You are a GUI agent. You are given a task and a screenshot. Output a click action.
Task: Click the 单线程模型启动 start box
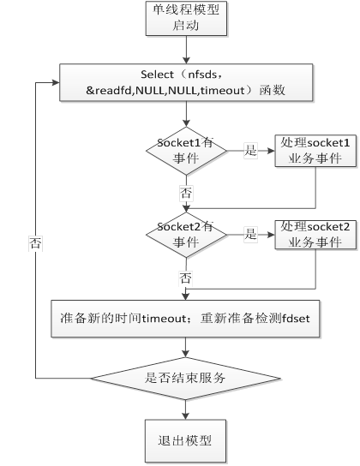pyautogui.click(x=186, y=19)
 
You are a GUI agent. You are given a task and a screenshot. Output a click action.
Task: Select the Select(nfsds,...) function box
pyautogui.click(x=186, y=82)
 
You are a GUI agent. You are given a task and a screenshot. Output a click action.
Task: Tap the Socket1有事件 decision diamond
pyautogui.click(x=186, y=151)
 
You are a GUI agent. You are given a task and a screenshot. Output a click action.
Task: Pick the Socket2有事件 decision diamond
pyautogui.click(x=186, y=235)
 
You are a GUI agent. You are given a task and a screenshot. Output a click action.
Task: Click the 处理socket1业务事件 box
pyautogui.click(x=315, y=151)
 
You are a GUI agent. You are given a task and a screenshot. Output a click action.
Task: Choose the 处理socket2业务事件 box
pyautogui.click(x=315, y=235)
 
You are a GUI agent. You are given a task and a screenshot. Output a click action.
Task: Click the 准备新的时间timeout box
pyautogui.click(x=185, y=319)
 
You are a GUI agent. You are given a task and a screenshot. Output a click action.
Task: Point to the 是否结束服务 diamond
pyautogui.click(x=185, y=379)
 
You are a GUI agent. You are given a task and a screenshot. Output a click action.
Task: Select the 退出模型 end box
pyautogui.click(x=185, y=441)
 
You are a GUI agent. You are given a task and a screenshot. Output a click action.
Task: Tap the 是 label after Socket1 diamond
pyautogui.click(x=250, y=150)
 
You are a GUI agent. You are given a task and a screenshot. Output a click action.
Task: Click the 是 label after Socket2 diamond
pyautogui.click(x=250, y=234)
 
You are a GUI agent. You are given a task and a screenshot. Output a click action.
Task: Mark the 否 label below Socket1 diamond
pyautogui.click(x=186, y=194)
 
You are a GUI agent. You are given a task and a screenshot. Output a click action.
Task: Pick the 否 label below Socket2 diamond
pyautogui.click(x=185, y=278)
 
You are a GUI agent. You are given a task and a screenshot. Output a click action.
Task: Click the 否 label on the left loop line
pyautogui.click(x=35, y=243)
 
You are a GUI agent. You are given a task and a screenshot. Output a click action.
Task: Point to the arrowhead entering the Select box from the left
pyautogui.click(x=57, y=82)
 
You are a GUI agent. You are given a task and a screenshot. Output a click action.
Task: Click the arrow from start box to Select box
pyautogui.click(x=186, y=50)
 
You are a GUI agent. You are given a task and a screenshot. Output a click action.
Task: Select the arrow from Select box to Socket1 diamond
pyautogui.click(x=186, y=114)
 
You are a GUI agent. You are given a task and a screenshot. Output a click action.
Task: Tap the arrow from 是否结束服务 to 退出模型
pyautogui.click(x=185, y=409)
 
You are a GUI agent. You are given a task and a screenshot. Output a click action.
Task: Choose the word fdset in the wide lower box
pyautogui.click(x=296, y=319)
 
